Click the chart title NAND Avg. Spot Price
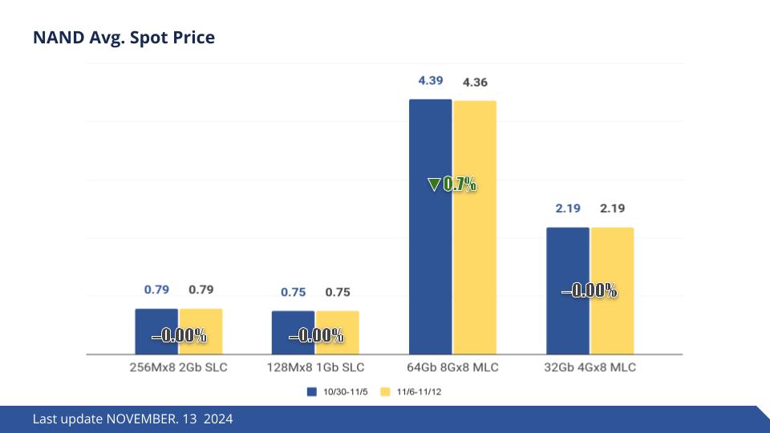[x=124, y=38]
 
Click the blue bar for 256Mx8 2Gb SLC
[x=156, y=321]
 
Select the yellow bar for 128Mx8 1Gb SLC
[x=337, y=321]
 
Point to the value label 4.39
[x=431, y=81]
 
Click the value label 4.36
[x=475, y=82]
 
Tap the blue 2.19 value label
[x=568, y=208]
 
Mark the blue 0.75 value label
[x=293, y=293]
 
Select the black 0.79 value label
[x=201, y=289]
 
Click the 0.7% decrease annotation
[x=460, y=184]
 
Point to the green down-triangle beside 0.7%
[x=434, y=184]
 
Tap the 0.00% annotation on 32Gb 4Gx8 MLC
[x=590, y=291]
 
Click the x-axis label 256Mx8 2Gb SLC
[x=178, y=368]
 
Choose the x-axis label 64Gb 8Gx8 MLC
[x=452, y=368]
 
